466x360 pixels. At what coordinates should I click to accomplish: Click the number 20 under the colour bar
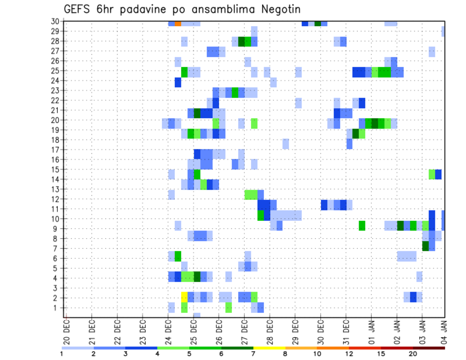pos(413,354)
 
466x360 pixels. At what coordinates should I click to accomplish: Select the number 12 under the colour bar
pos(349,354)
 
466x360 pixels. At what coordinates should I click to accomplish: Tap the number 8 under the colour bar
pos(285,354)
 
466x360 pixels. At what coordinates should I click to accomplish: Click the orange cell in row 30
pos(178,23)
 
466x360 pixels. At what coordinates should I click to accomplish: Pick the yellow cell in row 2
pos(184,296)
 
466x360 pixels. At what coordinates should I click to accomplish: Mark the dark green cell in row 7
pos(425,246)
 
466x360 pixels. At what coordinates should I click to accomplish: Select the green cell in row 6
pos(178,256)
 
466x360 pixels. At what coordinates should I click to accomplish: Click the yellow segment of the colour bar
pos(269,347)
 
